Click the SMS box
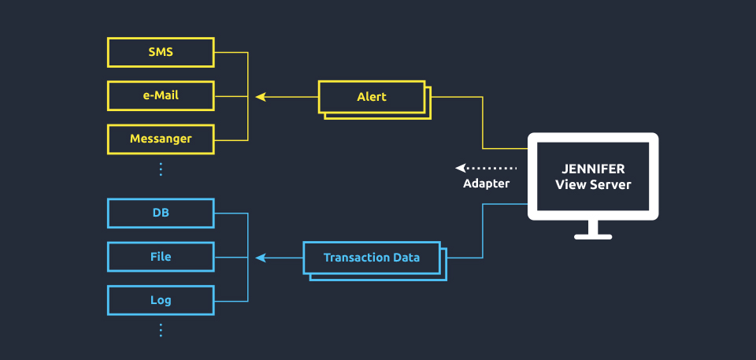tap(161, 53)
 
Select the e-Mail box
tap(161, 96)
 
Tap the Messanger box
tap(161, 139)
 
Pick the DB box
tap(161, 213)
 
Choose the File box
tap(161, 256)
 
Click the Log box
tap(161, 299)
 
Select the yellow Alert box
tap(372, 97)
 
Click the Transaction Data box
tap(372, 257)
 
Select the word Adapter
tap(486, 184)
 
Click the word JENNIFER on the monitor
tap(593, 169)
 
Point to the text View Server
tap(593, 185)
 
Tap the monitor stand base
tap(593, 235)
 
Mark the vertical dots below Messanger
tap(161, 169)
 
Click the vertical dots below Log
tap(161, 329)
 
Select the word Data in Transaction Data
tap(405, 257)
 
